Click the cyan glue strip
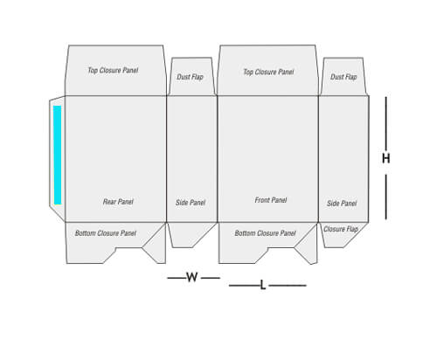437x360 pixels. pyautogui.click(x=58, y=155)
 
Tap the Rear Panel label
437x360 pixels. pyautogui.click(x=118, y=202)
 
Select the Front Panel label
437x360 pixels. pyautogui.click(x=271, y=200)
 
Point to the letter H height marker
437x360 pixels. pyautogui.click(x=386, y=158)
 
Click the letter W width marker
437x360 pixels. pyautogui.click(x=192, y=277)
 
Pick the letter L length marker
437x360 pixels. pyautogui.click(x=263, y=285)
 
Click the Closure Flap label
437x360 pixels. pyautogui.click(x=341, y=229)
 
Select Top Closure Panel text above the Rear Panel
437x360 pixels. pyautogui.click(x=113, y=71)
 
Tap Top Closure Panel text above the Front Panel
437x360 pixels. pyautogui.click(x=268, y=72)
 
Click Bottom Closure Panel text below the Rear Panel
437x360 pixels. pyautogui.click(x=106, y=233)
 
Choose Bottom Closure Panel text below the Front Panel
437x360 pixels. pyautogui.click(x=265, y=233)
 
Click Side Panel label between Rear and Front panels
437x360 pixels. pyautogui.click(x=191, y=203)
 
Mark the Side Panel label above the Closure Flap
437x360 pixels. pyautogui.click(x=342, y=204)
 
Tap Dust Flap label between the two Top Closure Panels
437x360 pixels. pyautogui.click(x=190, y=77)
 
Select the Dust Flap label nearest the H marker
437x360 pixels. pyautogui.click(x=343, y=77)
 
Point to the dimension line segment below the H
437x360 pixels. pyautogui.click(x=386, y=197)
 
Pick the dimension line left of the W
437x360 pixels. pyautogui.click(x=177, y=278)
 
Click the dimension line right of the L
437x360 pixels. pyautogui.click(x=288, y=286)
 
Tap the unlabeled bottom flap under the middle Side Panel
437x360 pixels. pyautogui.click(x=190, y=235)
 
